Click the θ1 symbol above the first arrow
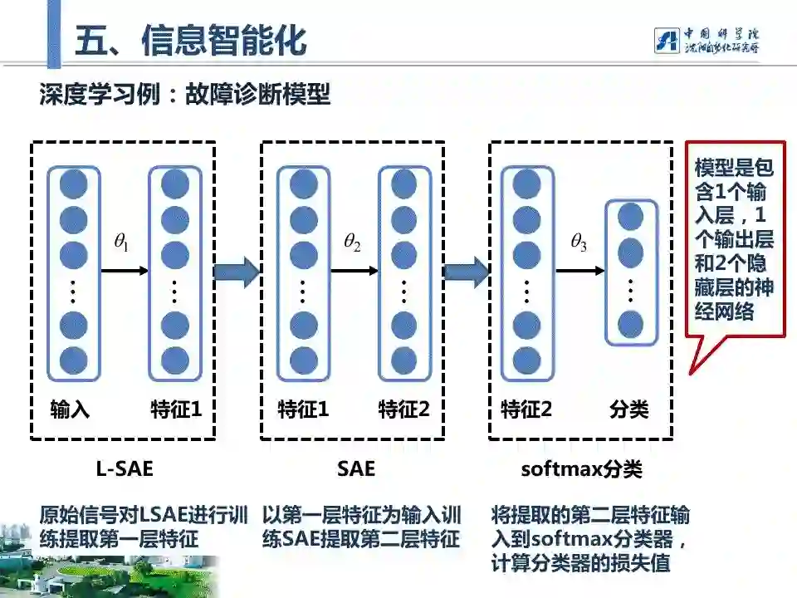click(x=121, y=243)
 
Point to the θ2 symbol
click(x=352, y=243)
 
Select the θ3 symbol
click(x=579, y=243)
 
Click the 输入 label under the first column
click(x=70, y=409)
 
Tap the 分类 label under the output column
click(x=628, y=409)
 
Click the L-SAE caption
click(x=125, y=469)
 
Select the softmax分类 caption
click(x=581, y=469)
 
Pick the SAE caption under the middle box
click(x=356, y=469)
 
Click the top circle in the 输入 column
click(x=73, y=184)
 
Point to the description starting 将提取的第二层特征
click(x=590, y=538)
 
